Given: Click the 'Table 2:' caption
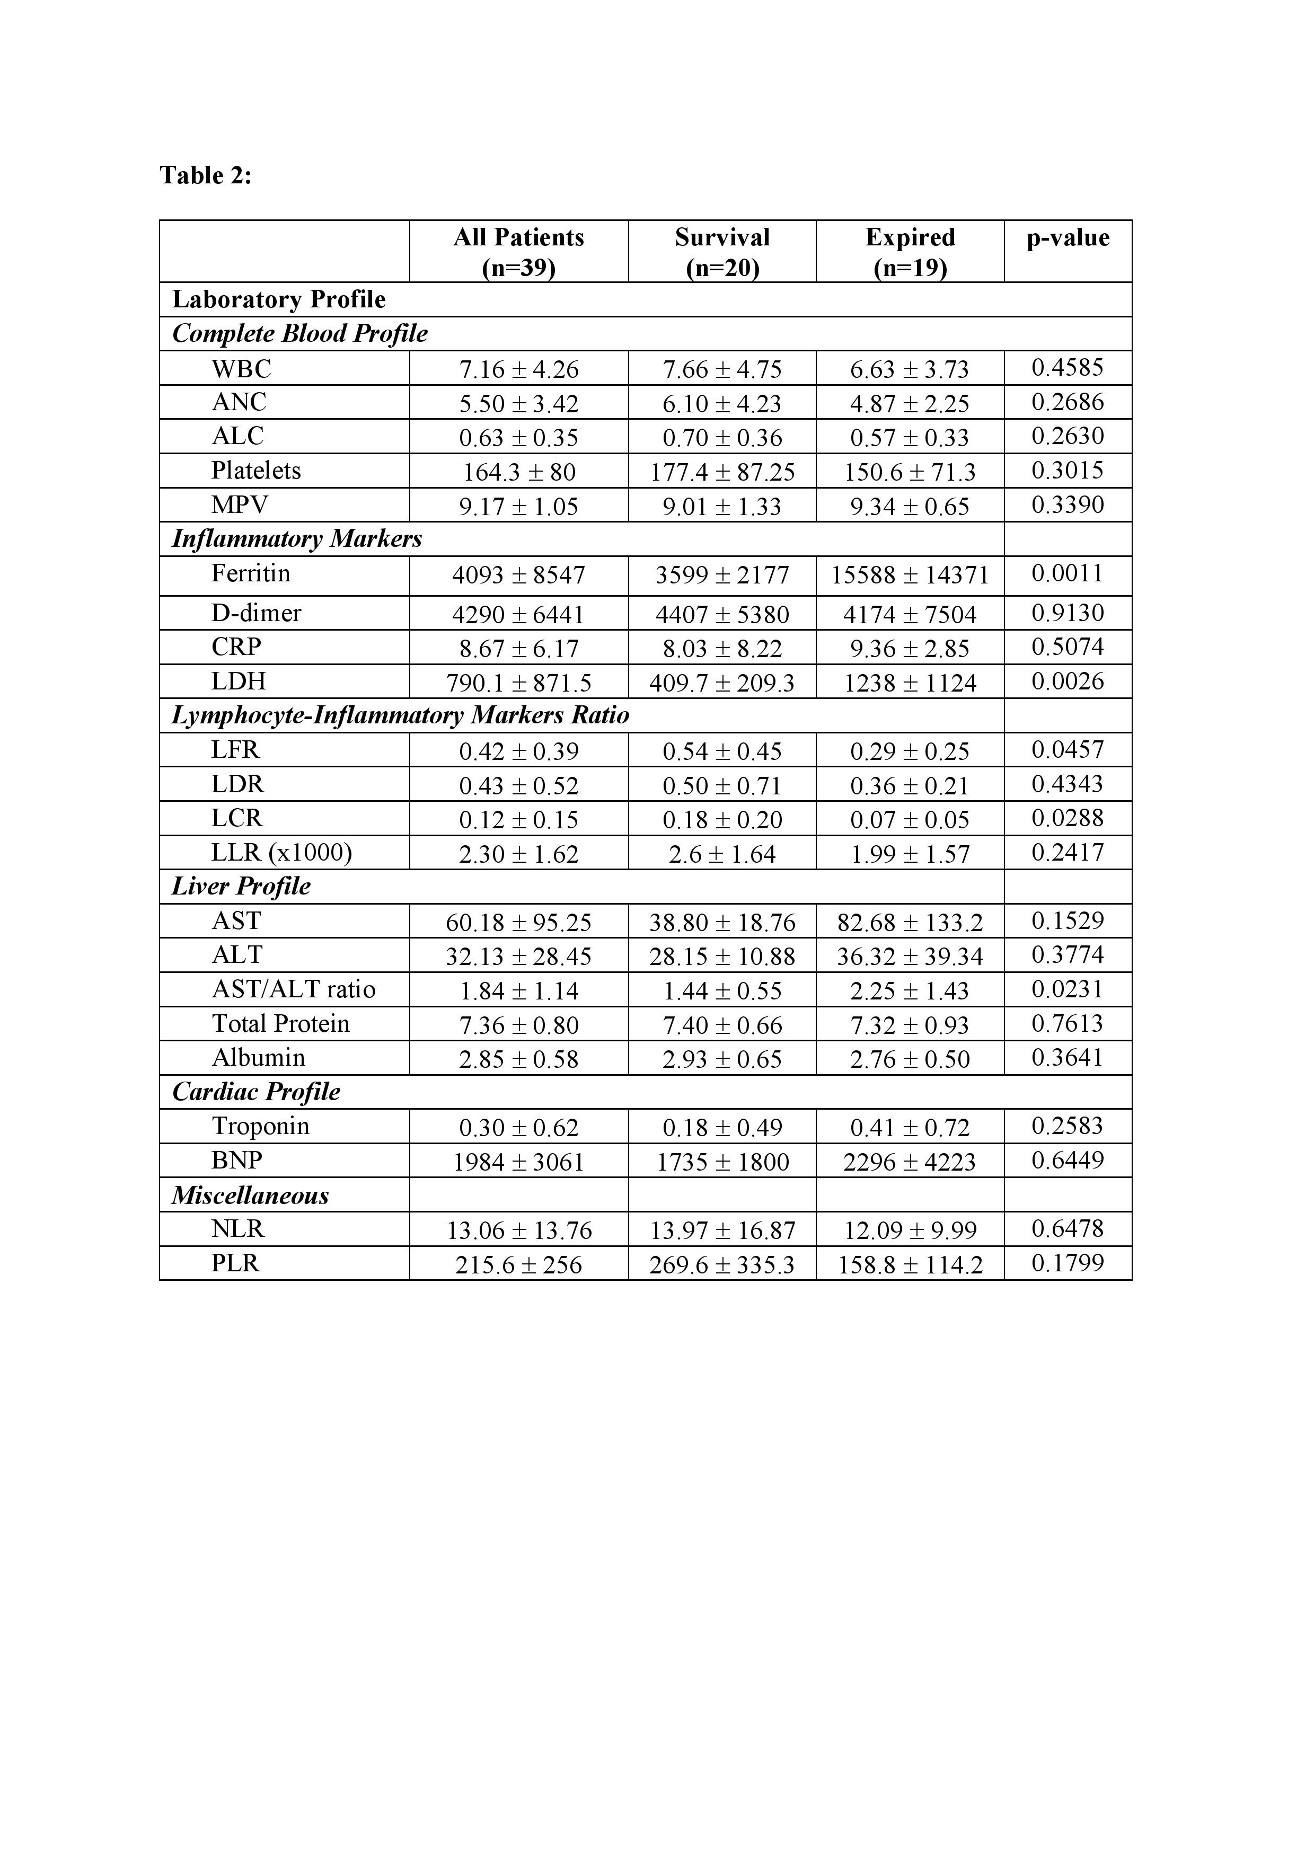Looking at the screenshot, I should click(x=206, y=175).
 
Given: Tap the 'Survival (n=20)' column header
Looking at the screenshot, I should click(x=721, y=252).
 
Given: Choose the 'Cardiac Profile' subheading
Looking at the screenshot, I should click(x=256, y=1092).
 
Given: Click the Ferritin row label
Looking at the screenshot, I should click(x=250, y=574).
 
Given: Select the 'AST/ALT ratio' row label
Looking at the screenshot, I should click(x=293, y=989).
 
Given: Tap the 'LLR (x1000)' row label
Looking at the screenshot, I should click(x=282, y=853).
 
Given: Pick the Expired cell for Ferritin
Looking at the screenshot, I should click(x=910, y=576).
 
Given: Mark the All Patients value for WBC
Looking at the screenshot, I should click(x=519, y=370).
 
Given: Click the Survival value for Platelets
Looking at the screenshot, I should click(x=721, y=472).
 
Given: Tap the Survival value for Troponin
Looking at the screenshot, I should click(x=721, y=1128).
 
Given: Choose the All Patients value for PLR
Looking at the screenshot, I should click(x=519, y=1265).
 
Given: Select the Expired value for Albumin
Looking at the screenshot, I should click(x=910, y=1059).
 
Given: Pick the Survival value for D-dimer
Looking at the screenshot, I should click(x=721, y=615).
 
